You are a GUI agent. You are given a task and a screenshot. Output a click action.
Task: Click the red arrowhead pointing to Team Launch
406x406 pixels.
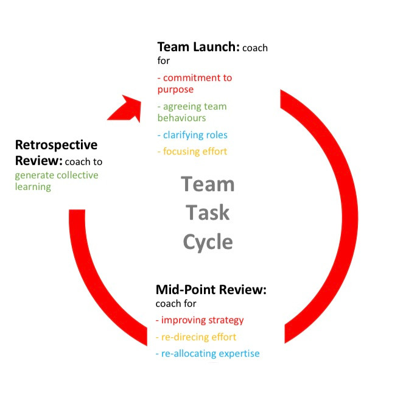pyautogui.click(x=127, y=109)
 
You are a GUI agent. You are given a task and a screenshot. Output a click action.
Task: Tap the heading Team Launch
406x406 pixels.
pyautogui.click(x=198, y=47)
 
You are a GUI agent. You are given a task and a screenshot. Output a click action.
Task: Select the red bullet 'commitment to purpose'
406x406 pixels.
pyautogui.click(x=195, y=83)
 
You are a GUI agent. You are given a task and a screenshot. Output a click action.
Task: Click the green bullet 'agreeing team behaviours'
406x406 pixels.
pyautogui.click(x=192, y=112)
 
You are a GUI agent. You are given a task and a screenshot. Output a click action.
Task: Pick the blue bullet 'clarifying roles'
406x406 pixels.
pyautogui.click(x=192, y=135)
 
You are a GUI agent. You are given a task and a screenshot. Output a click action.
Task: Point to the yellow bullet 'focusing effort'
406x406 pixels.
pyautogui.click(x=192, y=152)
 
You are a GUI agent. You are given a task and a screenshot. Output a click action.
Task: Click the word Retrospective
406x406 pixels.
pyautogui.click(x=56, y=145)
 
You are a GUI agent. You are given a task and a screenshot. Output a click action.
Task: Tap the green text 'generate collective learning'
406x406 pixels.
pyautogui.click(x=57, y=181)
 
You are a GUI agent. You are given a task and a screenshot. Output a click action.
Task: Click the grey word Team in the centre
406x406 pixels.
pyautogui.click(x=208, y=184)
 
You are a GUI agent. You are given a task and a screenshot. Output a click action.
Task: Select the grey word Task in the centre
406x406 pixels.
pyautogui.click(x=208, y=212)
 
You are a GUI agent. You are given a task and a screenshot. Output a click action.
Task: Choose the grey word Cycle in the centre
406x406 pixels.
pyautogui.click(x=208, y=242)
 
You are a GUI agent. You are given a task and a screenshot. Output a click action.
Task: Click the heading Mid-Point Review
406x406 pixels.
pyautogui.click(x=211, y=290)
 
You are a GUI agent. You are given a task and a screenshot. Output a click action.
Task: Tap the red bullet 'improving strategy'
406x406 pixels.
pyautogui.click(x=200, y=320)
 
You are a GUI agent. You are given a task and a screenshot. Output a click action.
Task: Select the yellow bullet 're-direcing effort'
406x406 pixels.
pyautogui.click(x=196, y=337)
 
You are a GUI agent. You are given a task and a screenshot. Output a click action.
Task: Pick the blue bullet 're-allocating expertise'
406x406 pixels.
pyautogui.click(x=208, y=354)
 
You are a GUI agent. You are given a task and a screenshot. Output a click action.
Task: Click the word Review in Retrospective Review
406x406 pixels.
pyautogui.click(x=39, y=161)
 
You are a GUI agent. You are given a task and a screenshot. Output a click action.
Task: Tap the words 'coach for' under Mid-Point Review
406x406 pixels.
pyautogui.click(x=176, y=304)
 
